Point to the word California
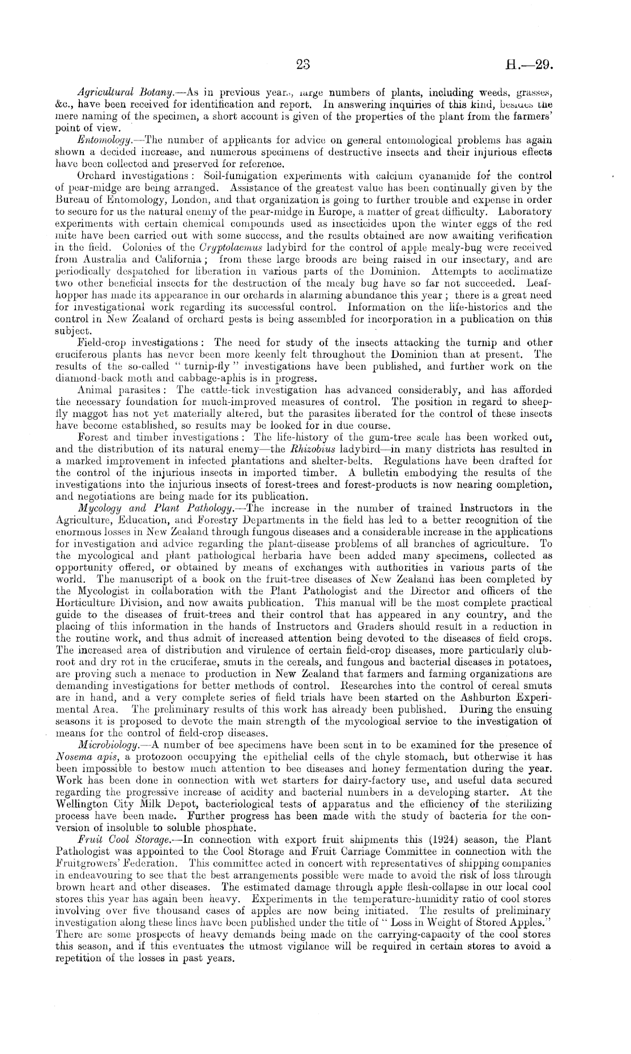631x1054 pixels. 172,258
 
